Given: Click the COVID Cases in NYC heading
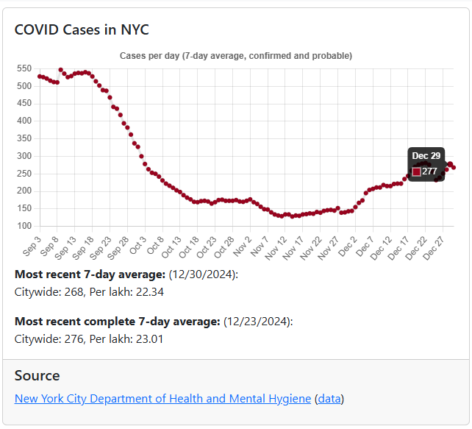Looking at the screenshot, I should pos(82,30).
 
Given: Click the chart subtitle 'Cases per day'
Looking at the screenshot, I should pos(235,56).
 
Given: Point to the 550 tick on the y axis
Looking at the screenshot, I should pos(24,68).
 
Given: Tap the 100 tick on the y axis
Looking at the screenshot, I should pos(24,226).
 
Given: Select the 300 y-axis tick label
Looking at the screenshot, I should pos(24,156).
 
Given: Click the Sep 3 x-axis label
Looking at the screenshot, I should pos(32,247).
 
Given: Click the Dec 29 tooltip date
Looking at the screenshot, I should pos(426,156).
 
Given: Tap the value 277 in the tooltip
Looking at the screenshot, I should pos(429,171).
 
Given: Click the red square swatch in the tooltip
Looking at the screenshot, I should pos(416,171).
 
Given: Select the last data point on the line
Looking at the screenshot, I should pos(454,168).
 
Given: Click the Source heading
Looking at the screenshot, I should pos(37,375).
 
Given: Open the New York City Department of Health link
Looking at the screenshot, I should pos(162,399).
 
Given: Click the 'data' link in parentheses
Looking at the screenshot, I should pos(329,399).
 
